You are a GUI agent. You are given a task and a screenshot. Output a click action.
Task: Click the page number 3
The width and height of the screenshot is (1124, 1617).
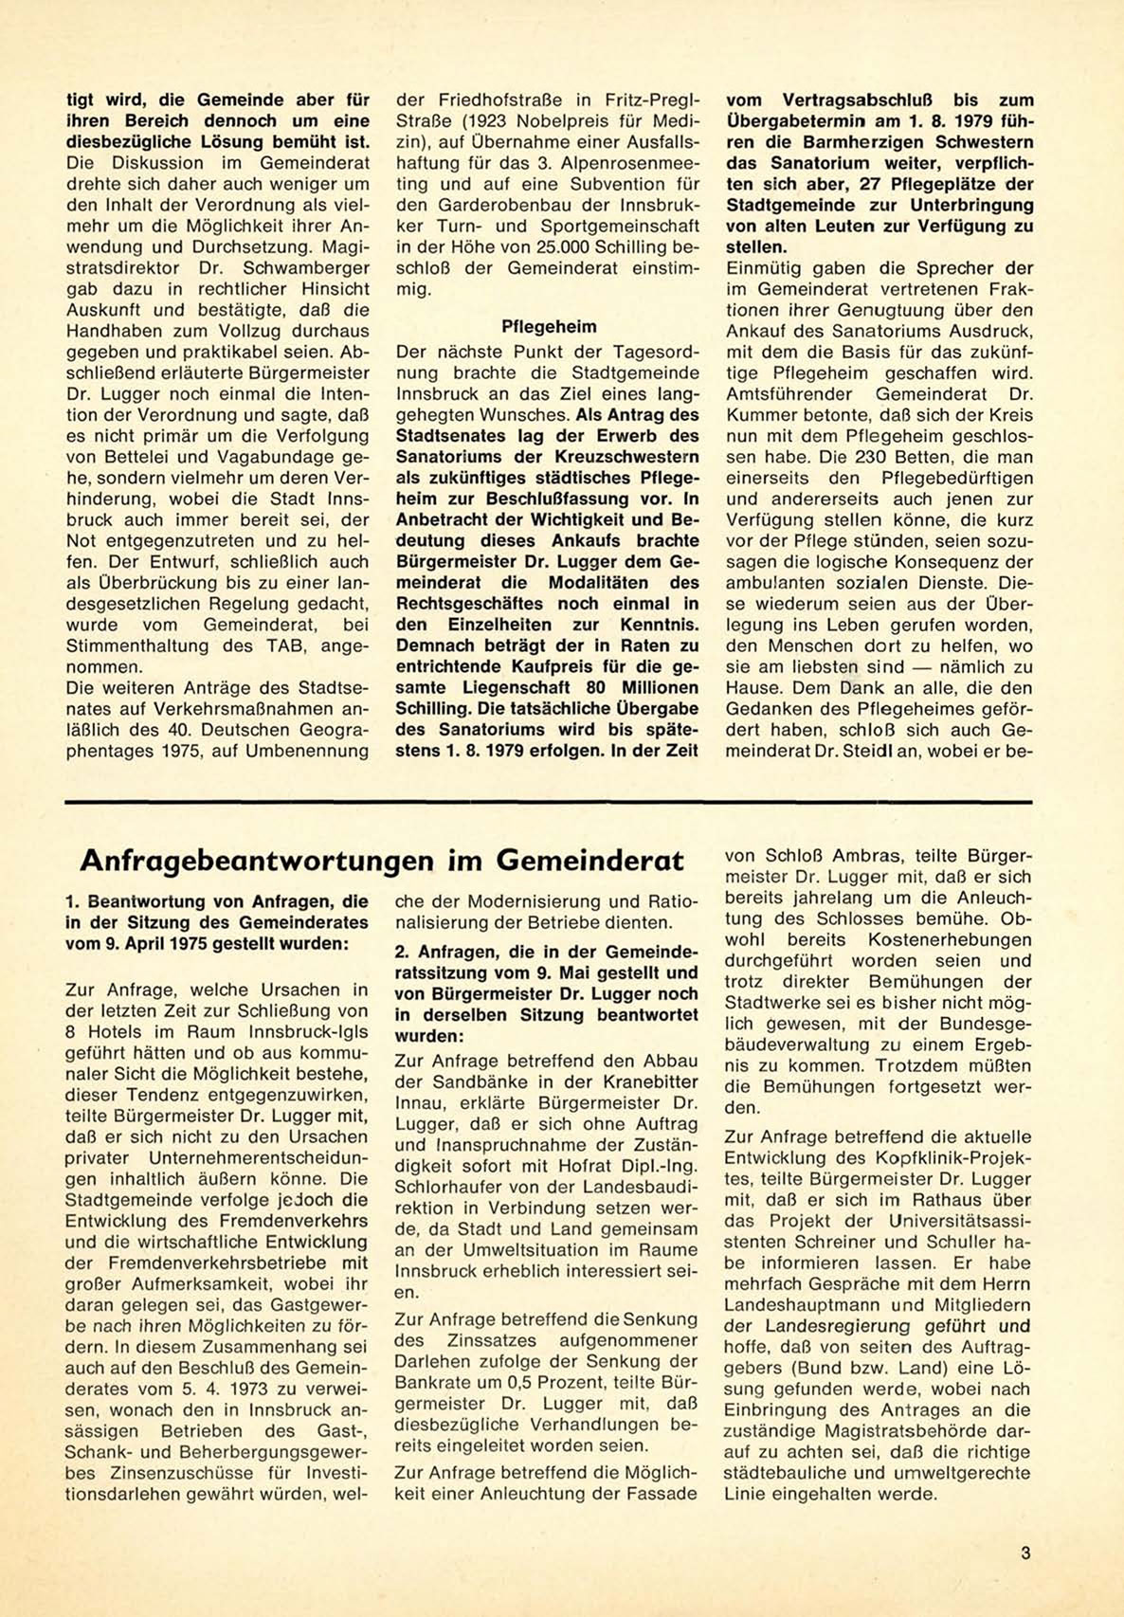pos(1026,1553)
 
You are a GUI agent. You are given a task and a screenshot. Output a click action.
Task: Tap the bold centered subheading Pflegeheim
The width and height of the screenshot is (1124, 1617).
pos(549,327)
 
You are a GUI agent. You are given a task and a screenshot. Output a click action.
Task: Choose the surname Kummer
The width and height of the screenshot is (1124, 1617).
pos(758,415)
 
